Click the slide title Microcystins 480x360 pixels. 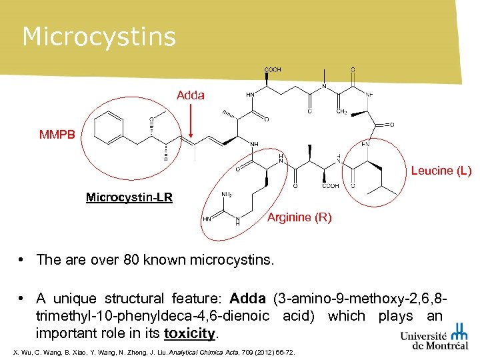click(x=99, y=37)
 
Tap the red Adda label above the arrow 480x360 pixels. click(x=191, y=95)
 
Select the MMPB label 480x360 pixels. click(x=58, y=135)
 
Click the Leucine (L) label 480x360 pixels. click(x=441, y=171)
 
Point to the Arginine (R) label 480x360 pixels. click(x=299, y=218)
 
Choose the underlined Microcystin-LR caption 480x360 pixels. click(x=129, y=197)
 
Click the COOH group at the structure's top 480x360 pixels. click(x=273, y=69)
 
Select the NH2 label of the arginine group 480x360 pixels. click(x=226, y=195)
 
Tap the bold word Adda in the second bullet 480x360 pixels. click(x=248, y=299)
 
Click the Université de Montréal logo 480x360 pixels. click(x=434, y=337)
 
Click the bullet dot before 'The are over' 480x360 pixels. click(x=23, y=259)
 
